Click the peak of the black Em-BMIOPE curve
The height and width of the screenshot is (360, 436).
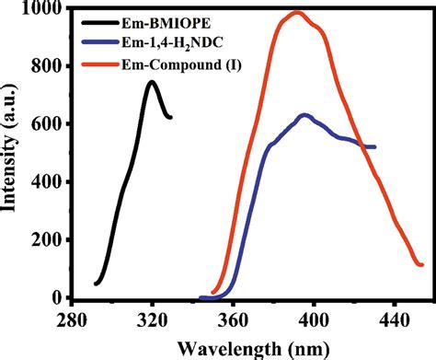pyautogui.click(x=152, y=82)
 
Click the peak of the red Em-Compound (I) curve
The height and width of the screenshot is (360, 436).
pyautogui.click(x=296, y=13)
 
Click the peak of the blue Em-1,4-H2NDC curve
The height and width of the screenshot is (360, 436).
pyautogui.click(x=304, y=115)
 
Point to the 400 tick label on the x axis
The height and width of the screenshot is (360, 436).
pyautogui.click(x=314, y=317)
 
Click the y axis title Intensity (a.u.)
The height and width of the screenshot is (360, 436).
pyautogui.click(x=13, y=152)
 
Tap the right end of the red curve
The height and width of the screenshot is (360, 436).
pyautogui.click(x=422, y=265)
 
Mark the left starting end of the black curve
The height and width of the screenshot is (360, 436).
pyautogui.click(x=96, y=284)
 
